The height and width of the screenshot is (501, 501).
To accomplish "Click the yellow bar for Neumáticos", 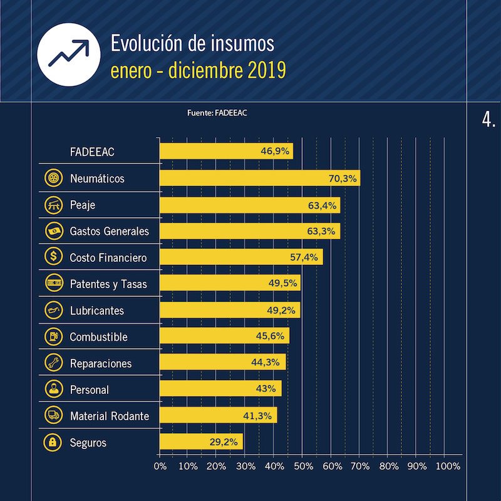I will (259, 178).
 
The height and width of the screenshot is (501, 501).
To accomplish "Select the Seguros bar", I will (200, 443).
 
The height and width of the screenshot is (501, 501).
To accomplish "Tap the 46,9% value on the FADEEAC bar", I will (274, 152).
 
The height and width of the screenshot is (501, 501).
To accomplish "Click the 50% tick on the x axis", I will (302, 467).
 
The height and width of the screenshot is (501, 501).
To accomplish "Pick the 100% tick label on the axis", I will (447, 467).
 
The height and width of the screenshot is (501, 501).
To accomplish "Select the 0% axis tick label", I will (160, 467).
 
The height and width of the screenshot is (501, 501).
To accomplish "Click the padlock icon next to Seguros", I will (52, 443).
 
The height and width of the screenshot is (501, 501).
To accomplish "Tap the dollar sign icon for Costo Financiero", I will (52, 257).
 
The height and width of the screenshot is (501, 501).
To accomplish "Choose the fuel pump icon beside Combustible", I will (52, 337).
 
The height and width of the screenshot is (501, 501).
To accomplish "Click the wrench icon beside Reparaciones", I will (52, 363).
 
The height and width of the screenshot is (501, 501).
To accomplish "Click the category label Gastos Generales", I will (109, 231).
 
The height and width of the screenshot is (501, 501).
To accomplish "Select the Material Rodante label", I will (109, 416).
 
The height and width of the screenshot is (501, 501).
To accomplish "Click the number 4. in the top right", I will (489, 120).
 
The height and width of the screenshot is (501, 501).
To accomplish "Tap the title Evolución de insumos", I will (192, 44).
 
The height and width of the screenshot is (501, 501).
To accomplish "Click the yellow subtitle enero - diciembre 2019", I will (198, 70).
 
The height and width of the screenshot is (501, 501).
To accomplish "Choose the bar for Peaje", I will (249, 205).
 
